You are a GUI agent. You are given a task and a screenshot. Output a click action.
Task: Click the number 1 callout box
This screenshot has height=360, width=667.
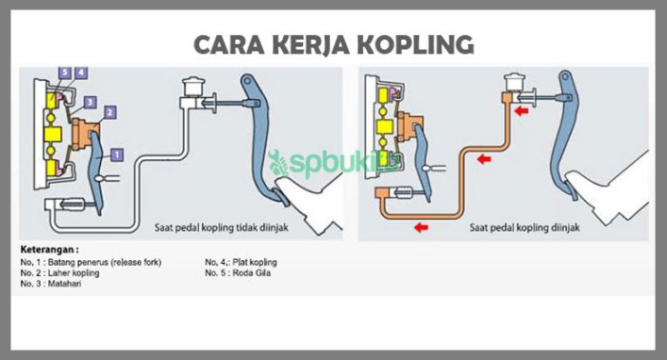[117, 152]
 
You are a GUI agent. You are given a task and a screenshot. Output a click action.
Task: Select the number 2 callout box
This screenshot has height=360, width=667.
[111, 112]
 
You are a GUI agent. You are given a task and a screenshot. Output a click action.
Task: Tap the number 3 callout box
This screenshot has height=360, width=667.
[89, 101]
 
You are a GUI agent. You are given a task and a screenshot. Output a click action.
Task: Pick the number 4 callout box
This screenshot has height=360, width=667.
[81, 72]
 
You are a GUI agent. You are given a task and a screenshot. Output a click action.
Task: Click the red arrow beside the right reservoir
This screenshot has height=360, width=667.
[522, 111]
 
